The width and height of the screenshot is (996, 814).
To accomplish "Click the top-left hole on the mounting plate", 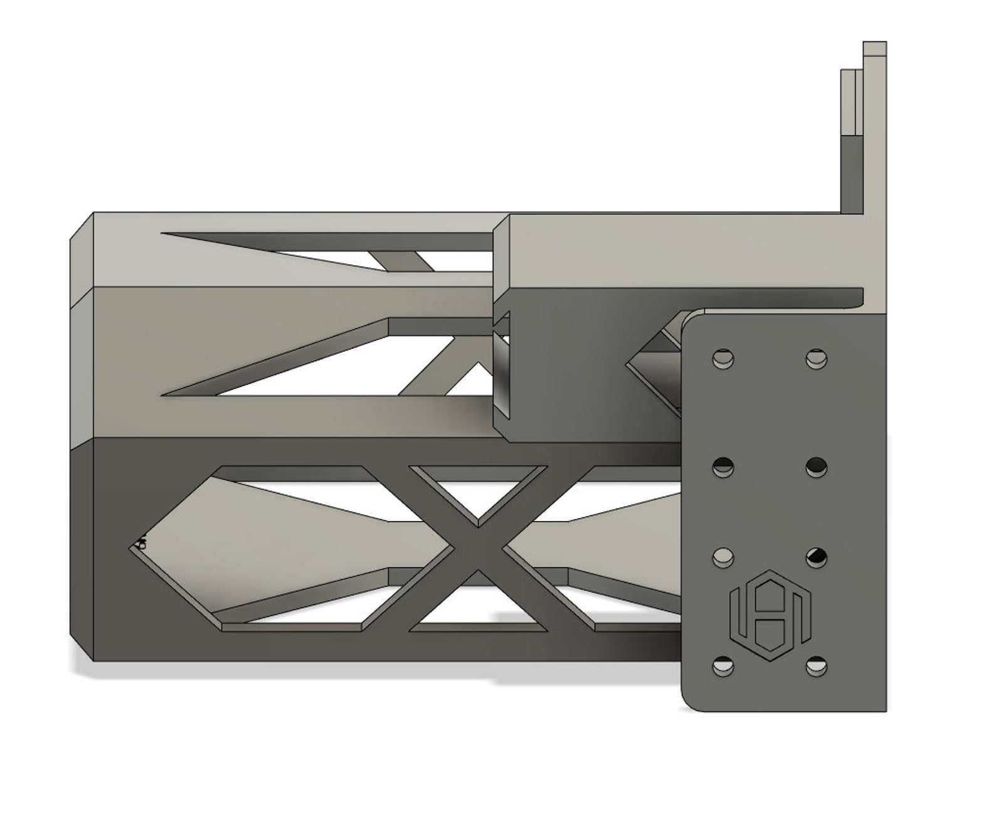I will coord(723,359).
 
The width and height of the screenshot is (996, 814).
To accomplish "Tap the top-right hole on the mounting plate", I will coord(816,359).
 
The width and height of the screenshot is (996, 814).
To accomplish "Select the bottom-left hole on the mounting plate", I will coord(723,666).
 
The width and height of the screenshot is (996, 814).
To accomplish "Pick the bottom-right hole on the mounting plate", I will coord(816,666).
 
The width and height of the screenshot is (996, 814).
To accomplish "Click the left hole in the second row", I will coord(723,466).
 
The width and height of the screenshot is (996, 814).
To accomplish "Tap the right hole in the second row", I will coord(816,466).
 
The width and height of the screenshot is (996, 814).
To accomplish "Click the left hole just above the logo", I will coord(723,556).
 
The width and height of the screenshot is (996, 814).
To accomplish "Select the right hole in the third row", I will coord(816,556).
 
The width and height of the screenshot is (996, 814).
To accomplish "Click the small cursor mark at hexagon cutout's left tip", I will coord(141,542).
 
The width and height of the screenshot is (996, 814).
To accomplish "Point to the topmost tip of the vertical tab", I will coord(874,44).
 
